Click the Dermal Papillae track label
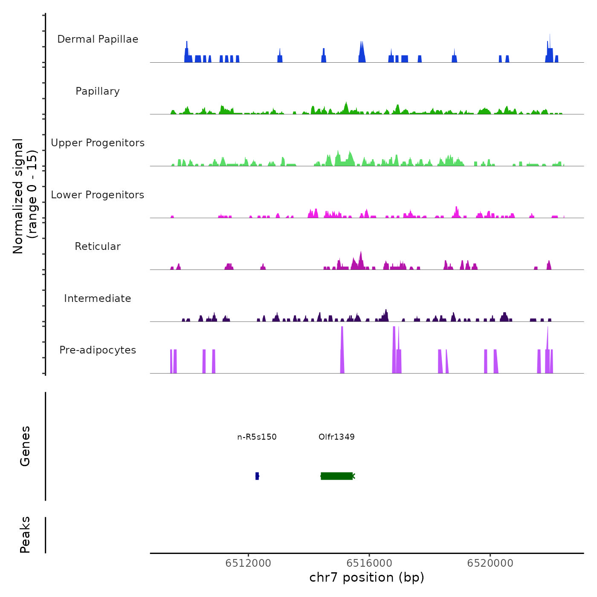98,39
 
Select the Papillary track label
98,91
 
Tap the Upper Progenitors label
98,143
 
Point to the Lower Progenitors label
98,195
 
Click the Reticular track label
98,246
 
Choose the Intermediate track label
98,298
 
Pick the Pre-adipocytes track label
98,350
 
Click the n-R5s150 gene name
257,437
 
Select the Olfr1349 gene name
336,437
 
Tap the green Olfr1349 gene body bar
337,476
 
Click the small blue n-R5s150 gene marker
257,476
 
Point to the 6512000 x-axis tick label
248,563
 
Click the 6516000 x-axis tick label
369,563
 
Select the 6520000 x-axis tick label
490,563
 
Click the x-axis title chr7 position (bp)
367,577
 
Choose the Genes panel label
25,446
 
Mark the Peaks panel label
25,535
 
